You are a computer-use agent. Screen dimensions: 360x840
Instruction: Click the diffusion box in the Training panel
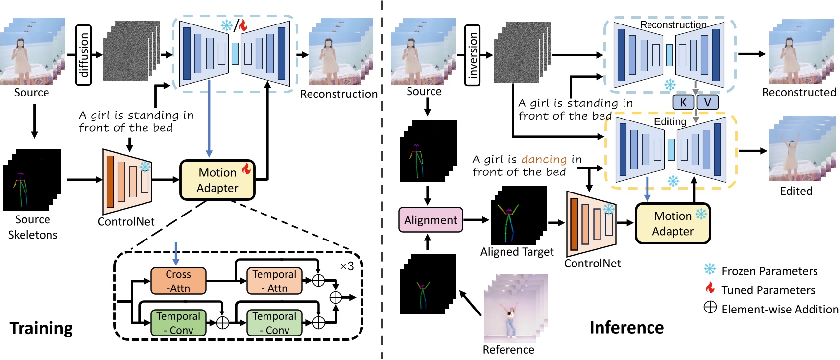[x=84, y=55]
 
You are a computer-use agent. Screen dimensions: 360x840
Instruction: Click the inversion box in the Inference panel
[x=472, y=55]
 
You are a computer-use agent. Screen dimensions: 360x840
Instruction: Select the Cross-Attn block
[x=178, y=281]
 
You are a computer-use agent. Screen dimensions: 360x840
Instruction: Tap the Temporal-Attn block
[x=274, y=281]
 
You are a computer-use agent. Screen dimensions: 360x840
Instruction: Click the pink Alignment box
[x=431, y=220]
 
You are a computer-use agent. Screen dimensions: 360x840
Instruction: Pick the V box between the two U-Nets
[x=707, y=102]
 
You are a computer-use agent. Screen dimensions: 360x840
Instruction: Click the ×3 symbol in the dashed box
[x=347, y=266]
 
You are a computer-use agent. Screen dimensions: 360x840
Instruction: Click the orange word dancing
[x=544, y=159]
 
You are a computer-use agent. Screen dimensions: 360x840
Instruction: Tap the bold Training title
[x=41, y=328]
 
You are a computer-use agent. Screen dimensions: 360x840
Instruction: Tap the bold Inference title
[x=626, y=327]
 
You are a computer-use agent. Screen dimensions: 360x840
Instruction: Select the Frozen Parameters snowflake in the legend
[x=710, y=269]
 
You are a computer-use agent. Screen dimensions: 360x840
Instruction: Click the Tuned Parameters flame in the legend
[x=710, y=288]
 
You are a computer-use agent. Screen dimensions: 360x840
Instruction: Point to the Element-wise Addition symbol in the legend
[x=710, y=308]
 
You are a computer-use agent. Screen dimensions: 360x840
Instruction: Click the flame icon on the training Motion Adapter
[x=246, y=168]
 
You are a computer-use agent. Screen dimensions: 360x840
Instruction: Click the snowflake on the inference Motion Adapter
[x=701, y=214]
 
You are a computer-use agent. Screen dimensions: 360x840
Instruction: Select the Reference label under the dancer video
[x=508, y=349]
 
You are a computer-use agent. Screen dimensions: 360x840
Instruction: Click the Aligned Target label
[x=517, y=252]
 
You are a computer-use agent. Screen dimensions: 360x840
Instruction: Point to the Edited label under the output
[x=796, y=191]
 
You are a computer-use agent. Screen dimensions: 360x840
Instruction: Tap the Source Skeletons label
[x=33, y=227]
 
